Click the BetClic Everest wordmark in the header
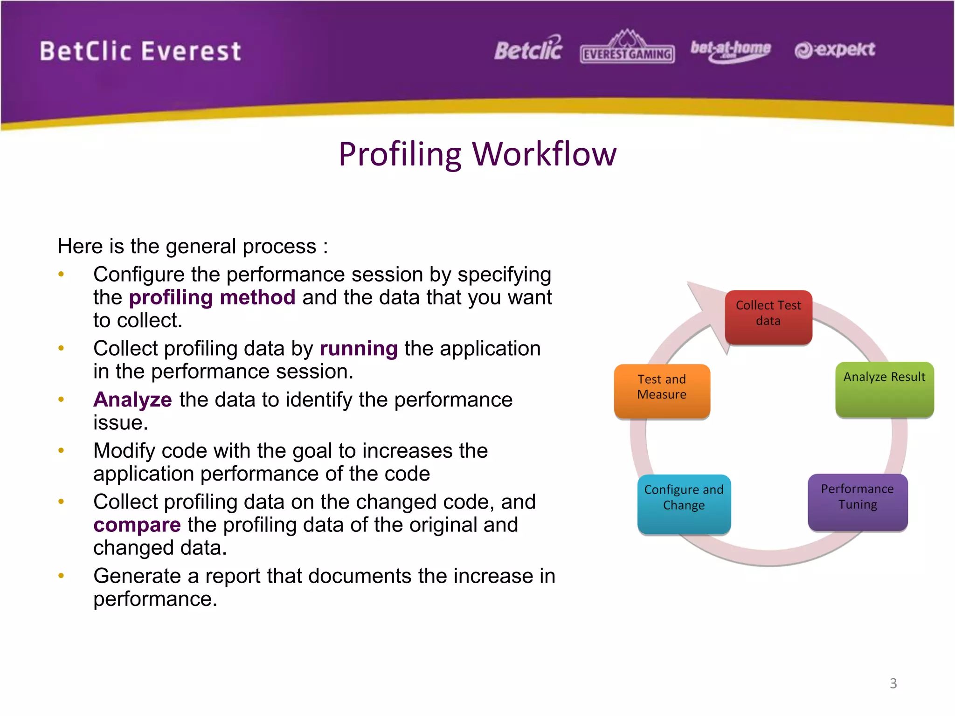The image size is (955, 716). coord(140,51)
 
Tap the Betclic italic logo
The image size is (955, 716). coord(528,49)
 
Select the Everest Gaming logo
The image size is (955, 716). coord(627,48)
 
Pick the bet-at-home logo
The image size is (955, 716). coord(730,50)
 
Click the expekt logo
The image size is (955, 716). coord(835,49)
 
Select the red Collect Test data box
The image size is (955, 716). coord(768,317)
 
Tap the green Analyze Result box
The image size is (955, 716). coord(884,389)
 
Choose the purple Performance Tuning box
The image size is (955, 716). coord(857,502)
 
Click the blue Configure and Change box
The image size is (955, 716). coord(684,503)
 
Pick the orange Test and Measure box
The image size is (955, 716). coord(662,391)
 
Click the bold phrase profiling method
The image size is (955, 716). coord(212,297)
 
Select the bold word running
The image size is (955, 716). coord(358,349)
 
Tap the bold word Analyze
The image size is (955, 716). coord(133,400)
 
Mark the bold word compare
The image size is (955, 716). coord(137,525)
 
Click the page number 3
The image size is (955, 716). coord(893,683)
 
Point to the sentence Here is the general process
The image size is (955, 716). coord(193,246)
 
